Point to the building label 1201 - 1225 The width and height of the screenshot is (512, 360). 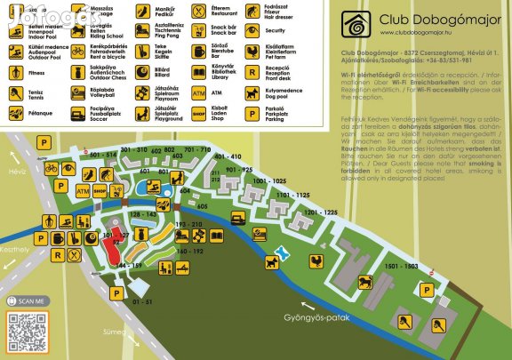[319, 212]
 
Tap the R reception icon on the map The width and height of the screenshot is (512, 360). [57, 258]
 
